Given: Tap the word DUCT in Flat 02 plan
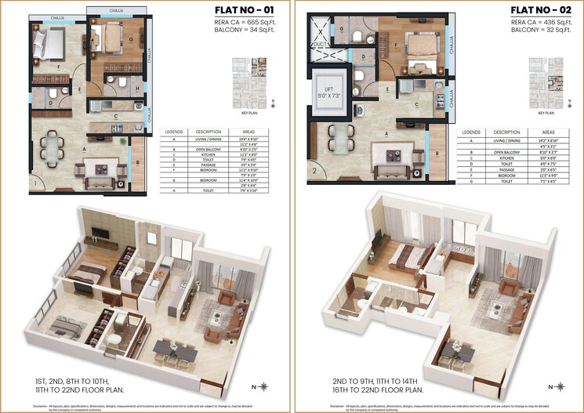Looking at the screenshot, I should [320, 45].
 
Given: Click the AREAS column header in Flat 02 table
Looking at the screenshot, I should [549, 132].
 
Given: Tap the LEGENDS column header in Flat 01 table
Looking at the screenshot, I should [172, 132].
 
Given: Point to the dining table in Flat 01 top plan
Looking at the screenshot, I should [52, 147].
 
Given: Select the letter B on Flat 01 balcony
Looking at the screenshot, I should [138, 164].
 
